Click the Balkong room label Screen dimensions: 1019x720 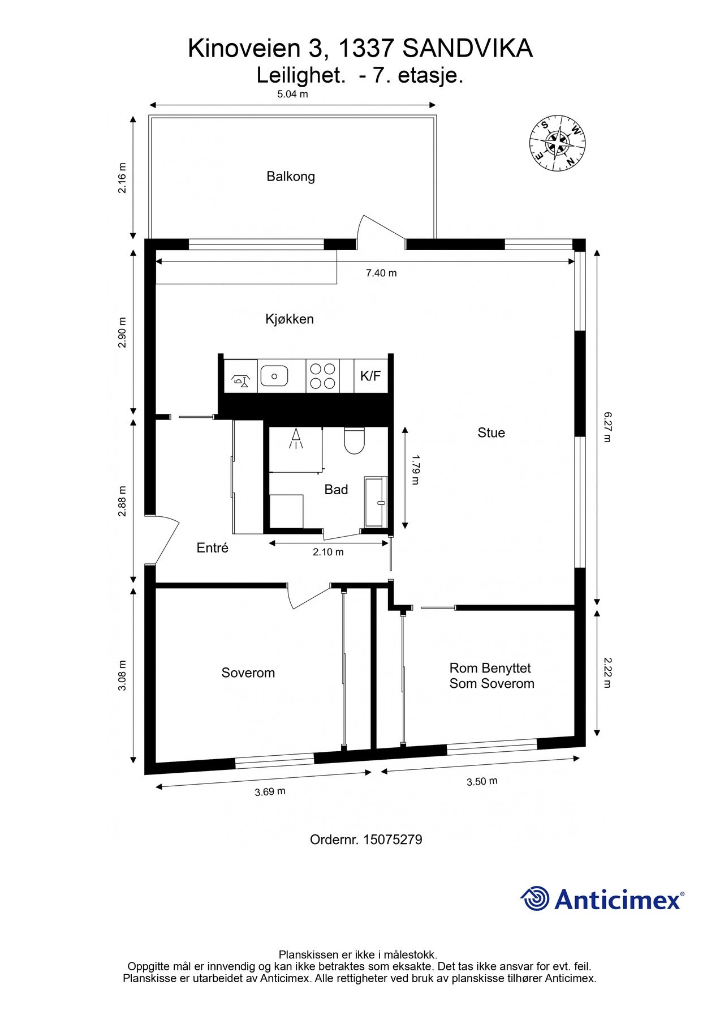[291, 177]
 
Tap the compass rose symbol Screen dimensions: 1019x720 [557, 142]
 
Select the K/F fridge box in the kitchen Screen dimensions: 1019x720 [370, 376]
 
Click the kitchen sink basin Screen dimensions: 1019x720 [274, 375]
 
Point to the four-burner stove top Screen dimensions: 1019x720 [322, 376]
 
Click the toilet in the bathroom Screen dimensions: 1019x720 [355, 440]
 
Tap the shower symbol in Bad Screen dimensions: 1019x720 [295, 439]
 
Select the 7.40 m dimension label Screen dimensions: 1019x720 [381, 273]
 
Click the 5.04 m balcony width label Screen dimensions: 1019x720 [292, 95]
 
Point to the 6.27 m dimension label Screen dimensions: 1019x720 [607, 427]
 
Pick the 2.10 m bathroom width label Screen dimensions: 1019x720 [328, 552]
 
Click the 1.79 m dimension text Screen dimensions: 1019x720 [416, 469]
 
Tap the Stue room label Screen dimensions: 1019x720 [491, 433]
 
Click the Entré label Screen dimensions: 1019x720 [212, 548]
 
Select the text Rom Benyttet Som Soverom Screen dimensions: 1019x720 [492, 676]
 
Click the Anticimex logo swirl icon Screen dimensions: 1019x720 [535, 899]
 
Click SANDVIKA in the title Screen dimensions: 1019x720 [467, 49]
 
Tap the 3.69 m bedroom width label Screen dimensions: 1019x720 [270, 791]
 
